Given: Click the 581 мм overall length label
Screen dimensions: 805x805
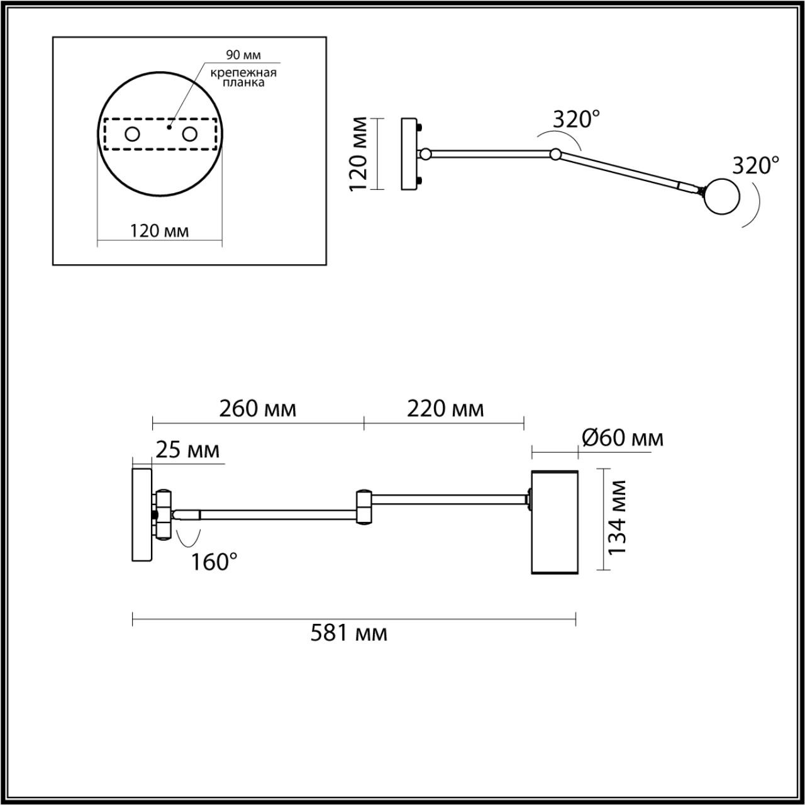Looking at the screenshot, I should tap(349, 633).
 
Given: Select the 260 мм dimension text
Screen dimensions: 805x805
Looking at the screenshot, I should tap(257, 409).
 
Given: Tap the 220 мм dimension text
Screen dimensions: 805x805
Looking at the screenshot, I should tap(445, 409).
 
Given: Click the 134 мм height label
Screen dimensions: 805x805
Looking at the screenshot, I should tap(619, 516).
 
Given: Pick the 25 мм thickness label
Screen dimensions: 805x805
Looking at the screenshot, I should tap(187, 450).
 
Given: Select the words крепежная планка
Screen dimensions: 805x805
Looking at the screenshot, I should tap(244, 77).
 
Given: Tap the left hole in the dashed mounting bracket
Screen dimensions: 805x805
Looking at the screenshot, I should tap(133, 134).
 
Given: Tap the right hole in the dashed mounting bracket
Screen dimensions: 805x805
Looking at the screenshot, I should tap(189, 134).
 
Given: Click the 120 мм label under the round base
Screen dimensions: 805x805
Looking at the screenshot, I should tap(160, 231).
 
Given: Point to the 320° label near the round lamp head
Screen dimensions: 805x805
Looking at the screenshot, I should tap(756, 165).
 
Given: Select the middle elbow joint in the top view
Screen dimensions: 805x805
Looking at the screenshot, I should tap(555, 153).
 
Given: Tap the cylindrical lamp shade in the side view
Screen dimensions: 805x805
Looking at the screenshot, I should tap(554, 521).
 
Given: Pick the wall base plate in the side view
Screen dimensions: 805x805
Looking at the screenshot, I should tap(142, 514).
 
